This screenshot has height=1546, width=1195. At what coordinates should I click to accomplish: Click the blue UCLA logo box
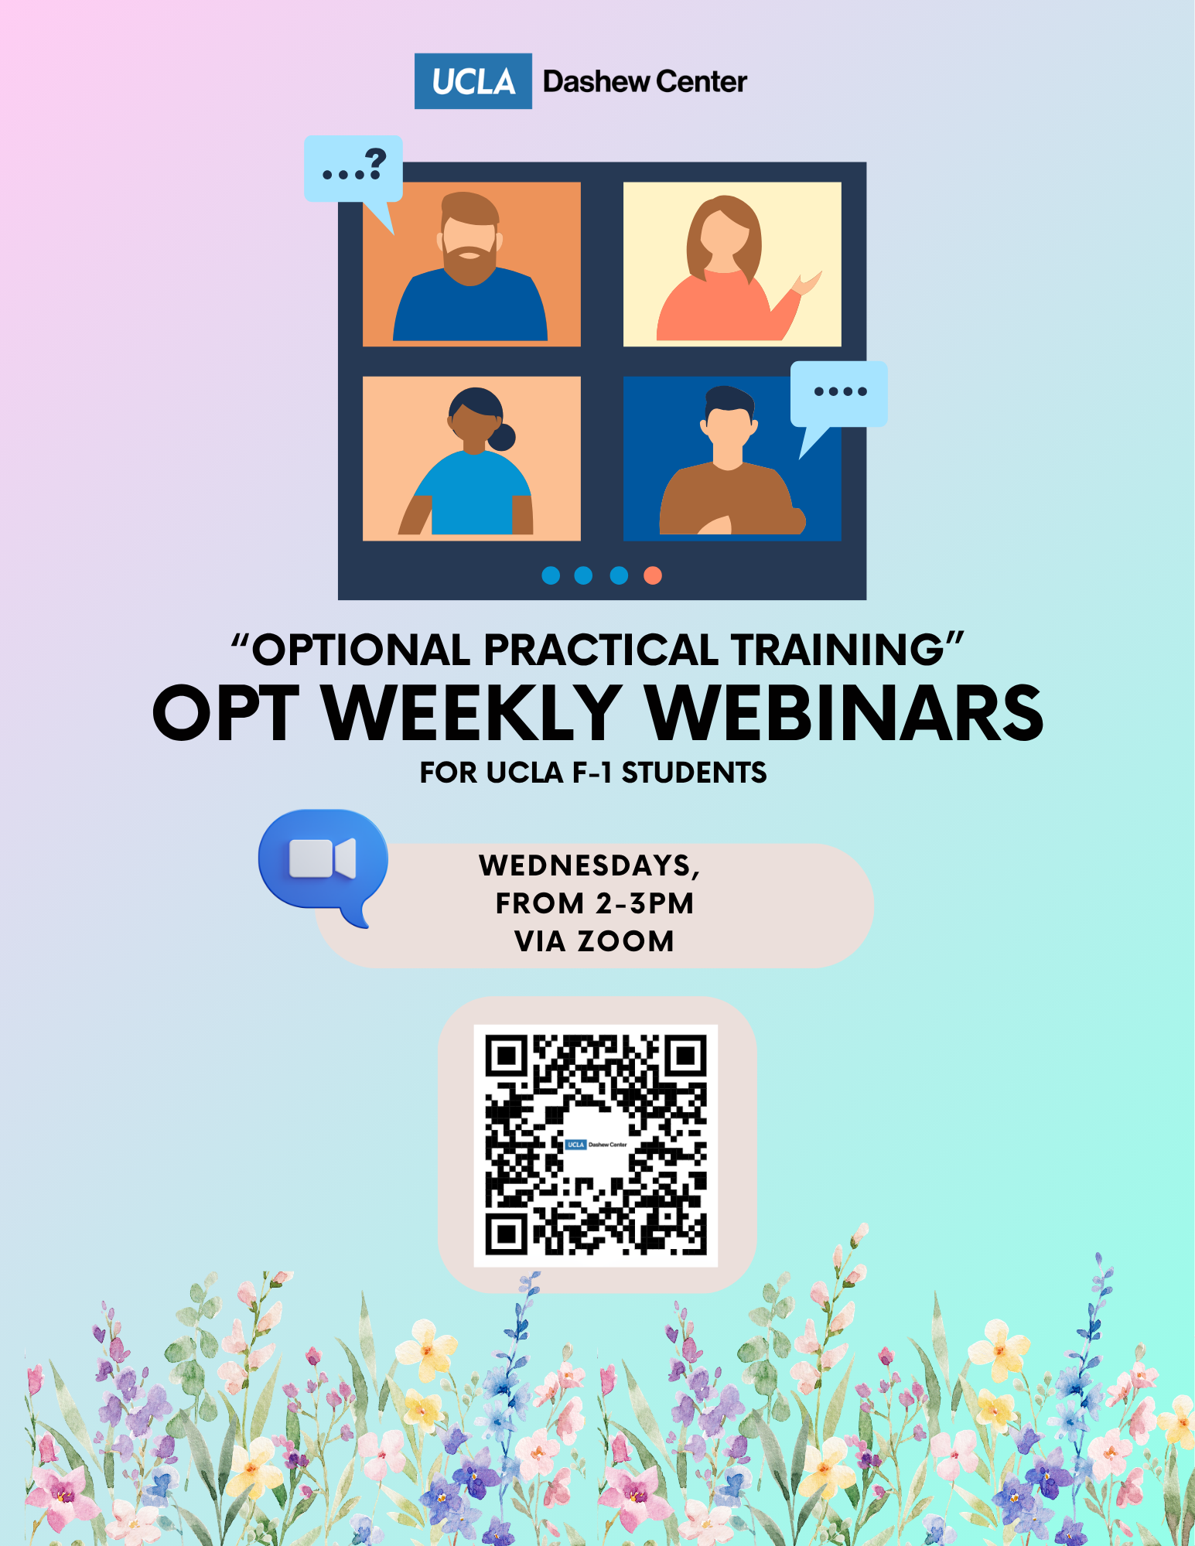[x=473, y=81]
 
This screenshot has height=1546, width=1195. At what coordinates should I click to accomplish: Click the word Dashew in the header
[x=596, y=81]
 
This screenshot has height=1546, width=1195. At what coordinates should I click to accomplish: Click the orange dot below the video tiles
[x=653, y=575]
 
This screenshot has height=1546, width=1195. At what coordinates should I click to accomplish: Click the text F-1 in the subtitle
[x=591, y=773]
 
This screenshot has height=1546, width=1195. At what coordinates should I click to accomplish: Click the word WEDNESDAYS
[x=589, y=865]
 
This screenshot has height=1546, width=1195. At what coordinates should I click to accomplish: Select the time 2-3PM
[x=644, y=903]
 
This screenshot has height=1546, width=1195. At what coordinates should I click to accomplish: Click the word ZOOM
[x=626, y=941]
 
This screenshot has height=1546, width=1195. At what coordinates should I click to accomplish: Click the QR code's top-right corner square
[x=685, y=1056]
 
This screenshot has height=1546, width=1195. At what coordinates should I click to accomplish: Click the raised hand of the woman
[x=807, y=283]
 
